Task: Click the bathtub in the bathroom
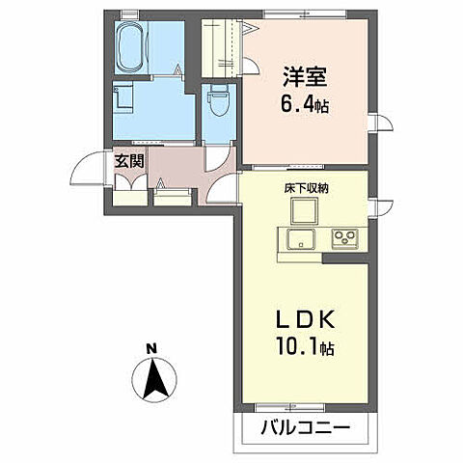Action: click(131, 47)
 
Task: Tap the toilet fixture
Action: click(218, 100)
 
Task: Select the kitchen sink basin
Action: click(301, 239)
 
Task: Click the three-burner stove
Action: click(345, 238)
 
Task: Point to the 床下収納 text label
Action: click(306, 188)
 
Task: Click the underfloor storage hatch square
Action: click(304, 211)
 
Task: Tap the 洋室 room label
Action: click(305, 77)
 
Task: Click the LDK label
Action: click(306, 320)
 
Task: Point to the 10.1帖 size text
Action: click(305, 347)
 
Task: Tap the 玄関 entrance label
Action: click(129, 161)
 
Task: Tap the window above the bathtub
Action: click(130, 14)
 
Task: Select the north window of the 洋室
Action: click(305, 14)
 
